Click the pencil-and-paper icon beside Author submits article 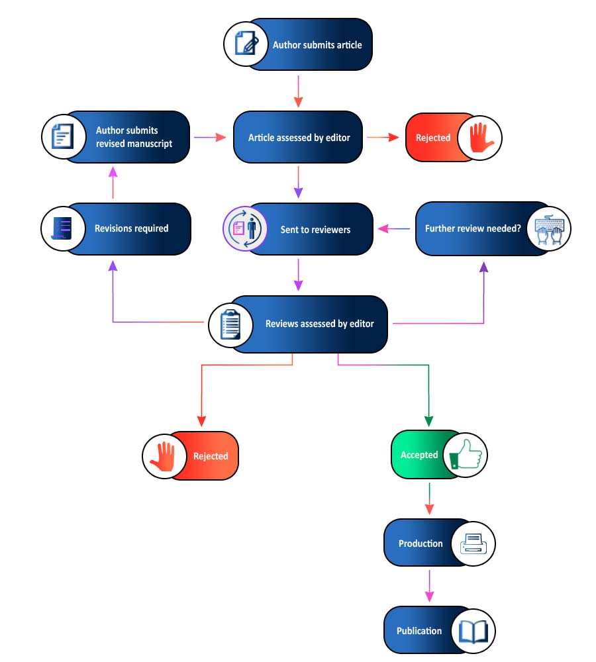pos(246,44)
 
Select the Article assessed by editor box pos(298,138)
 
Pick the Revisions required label pos(131,229)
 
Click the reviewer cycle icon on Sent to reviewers pos(244,229)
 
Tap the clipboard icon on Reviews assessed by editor pos(230,324)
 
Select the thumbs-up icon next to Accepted pos(466,455)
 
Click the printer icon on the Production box pos(473,544)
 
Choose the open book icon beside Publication pos(473,631)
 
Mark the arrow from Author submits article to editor pos(298,91)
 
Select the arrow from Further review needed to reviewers pos(394,229)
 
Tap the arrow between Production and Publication pos(429,585)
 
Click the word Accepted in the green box pos(419,455)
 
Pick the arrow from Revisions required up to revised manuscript pos(113,183)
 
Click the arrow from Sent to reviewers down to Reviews pos(298,274)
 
